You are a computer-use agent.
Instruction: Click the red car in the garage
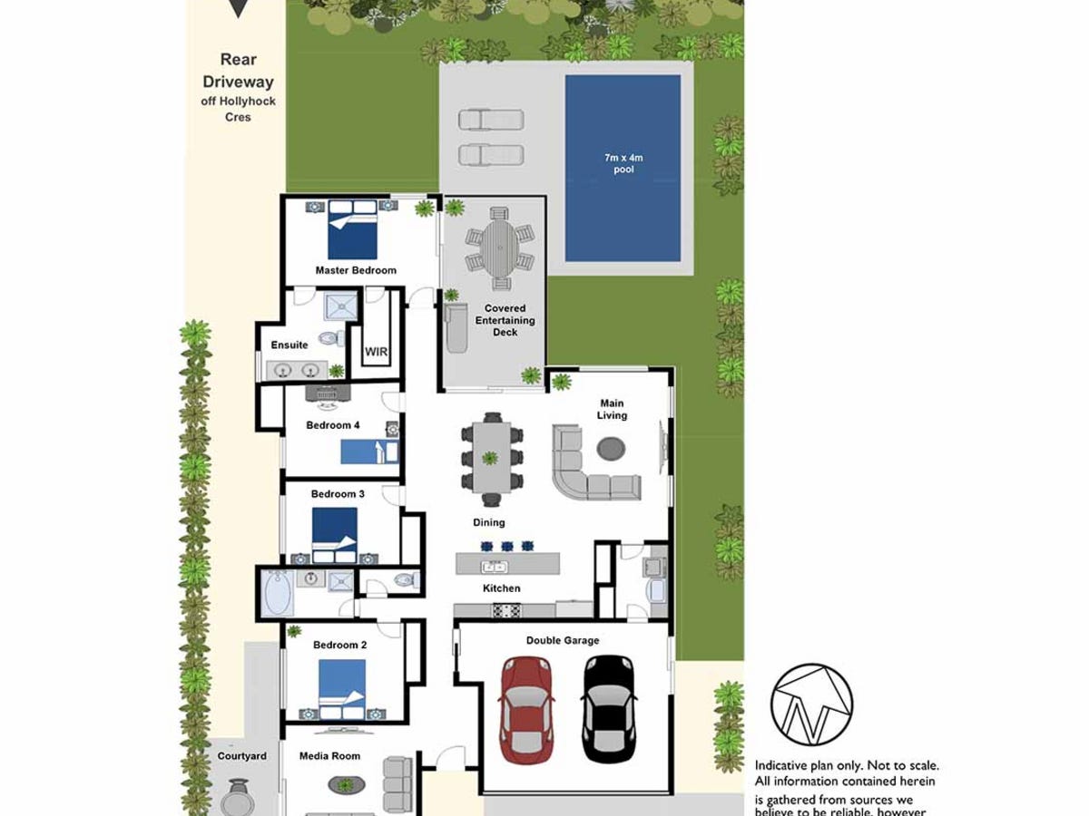pyautogui.click(x=526, y=709)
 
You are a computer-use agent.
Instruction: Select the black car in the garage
pyautogui.click(x=605, y=709)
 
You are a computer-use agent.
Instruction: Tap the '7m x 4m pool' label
pyautogui.click(x=623, y=164)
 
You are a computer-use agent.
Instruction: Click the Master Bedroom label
pyautogui.click(x=356, y=270)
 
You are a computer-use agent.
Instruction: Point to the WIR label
pyautogui.click(x=377, y=351)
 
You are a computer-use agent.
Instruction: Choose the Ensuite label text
pyautogui.click(x=289, y=345)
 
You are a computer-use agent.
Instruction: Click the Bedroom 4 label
pyautogui.click(x=333, y=425)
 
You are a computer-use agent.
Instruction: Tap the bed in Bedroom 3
pyautogui.click(x=334, y=535)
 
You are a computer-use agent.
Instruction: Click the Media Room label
pyautogui.click(x=329, y=756)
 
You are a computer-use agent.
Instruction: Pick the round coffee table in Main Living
pyautogui.click(x=611, y=448)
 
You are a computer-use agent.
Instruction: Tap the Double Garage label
pyautogui.click(x=563, y=640)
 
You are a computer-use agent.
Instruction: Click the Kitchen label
pyautogui.click(x=502, y=588)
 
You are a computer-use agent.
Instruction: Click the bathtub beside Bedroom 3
pyautogui.click(x=277, y=593)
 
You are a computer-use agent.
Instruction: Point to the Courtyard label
pyautogui.click(x=241, y=756)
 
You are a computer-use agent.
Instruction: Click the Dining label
pyautogui.click(x=489, y=522)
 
